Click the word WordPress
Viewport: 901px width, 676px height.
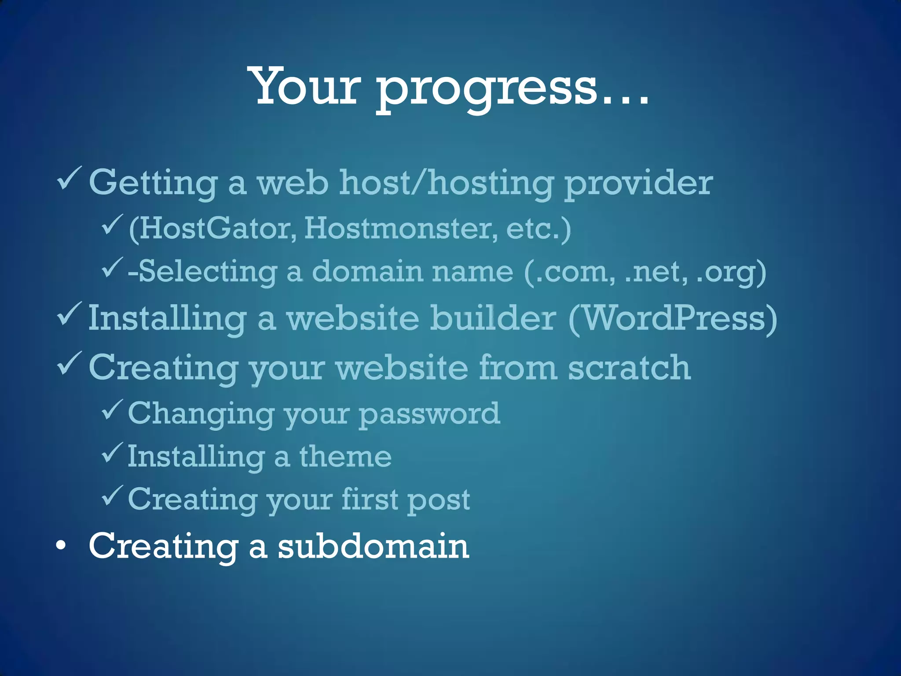(x=673, y=318)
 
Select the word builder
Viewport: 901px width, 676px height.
(x=493, y=318)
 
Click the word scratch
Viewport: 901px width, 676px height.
(x=629, y=367)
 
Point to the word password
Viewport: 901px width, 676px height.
(x=429, y=414)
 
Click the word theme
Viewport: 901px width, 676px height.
(x=345, y=456)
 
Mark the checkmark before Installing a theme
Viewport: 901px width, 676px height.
(x=112, y=453)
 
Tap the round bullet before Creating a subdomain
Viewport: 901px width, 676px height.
(x=61, y=546)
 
